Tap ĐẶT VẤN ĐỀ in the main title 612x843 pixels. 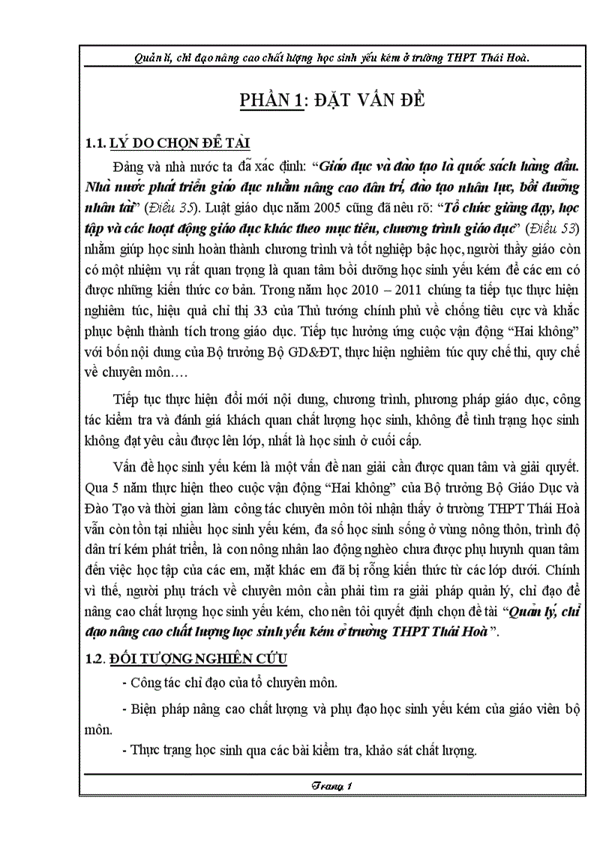tap(369, 101)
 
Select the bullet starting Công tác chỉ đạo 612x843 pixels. tap(229, 682)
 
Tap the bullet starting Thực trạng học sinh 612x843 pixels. tap(298, 748)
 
